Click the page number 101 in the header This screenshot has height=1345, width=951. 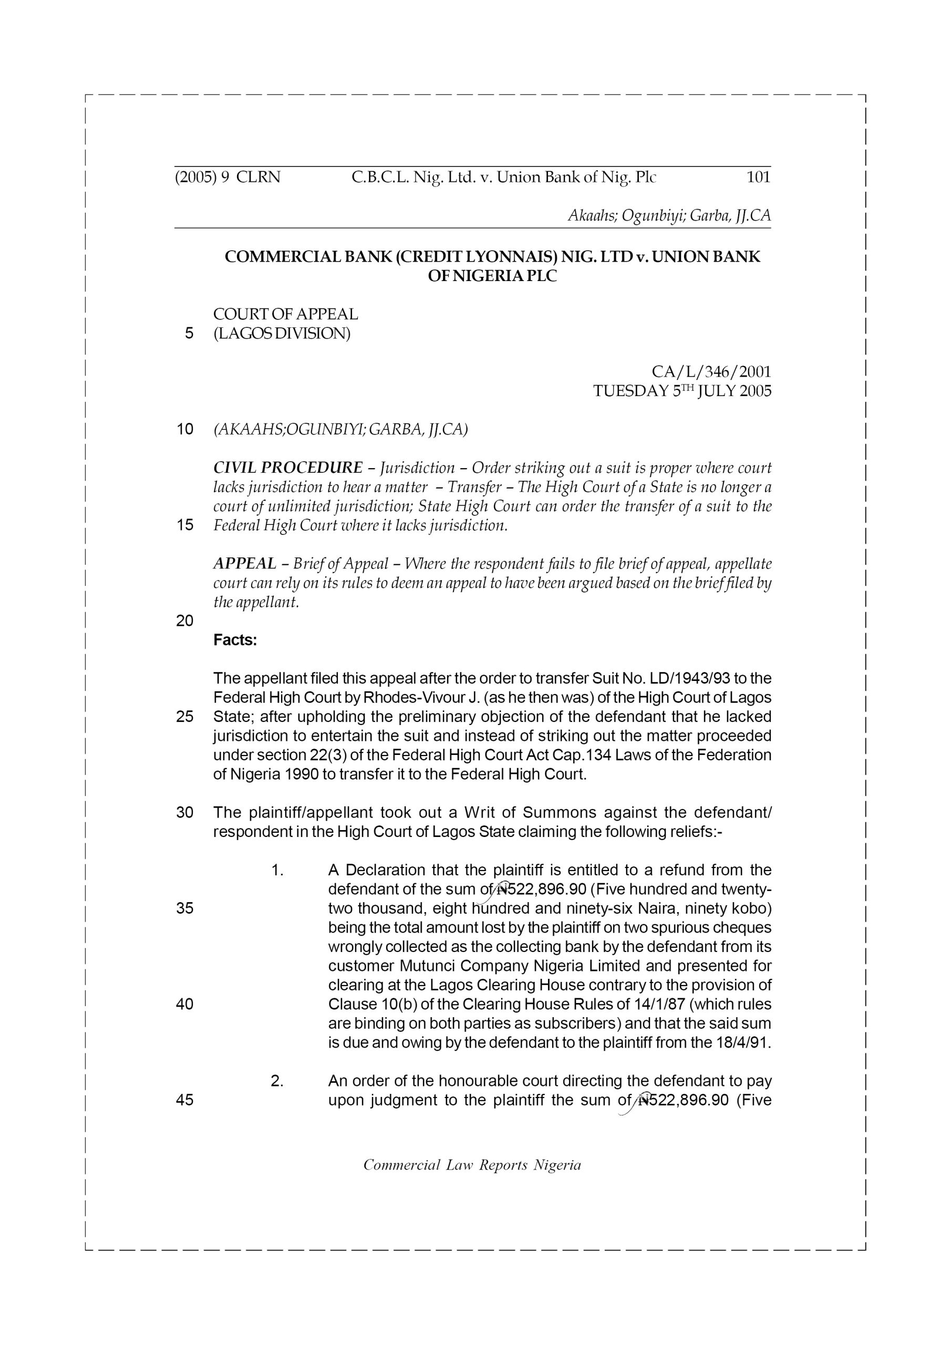[x=758, y=177]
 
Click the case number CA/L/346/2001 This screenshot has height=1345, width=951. [x=711, y=371]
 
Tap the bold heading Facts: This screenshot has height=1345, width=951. [x=235, y=640]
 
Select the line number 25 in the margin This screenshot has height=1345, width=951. [x=184, y=717]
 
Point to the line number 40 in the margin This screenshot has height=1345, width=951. [x=184, y=1004]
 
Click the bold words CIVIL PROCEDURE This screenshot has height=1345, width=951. [x=288, y=468]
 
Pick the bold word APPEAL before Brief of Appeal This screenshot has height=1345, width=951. [x=245, y=564]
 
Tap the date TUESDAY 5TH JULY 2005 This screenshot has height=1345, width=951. [x=682, y=391]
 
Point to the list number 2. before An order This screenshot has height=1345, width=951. [x=277, y=1081]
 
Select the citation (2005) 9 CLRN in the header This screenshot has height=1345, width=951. [x=228, y=177]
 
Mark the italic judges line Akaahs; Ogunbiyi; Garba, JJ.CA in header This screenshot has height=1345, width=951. [x=669, y=215]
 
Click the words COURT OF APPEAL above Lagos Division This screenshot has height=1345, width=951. [x=285, y=314]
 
